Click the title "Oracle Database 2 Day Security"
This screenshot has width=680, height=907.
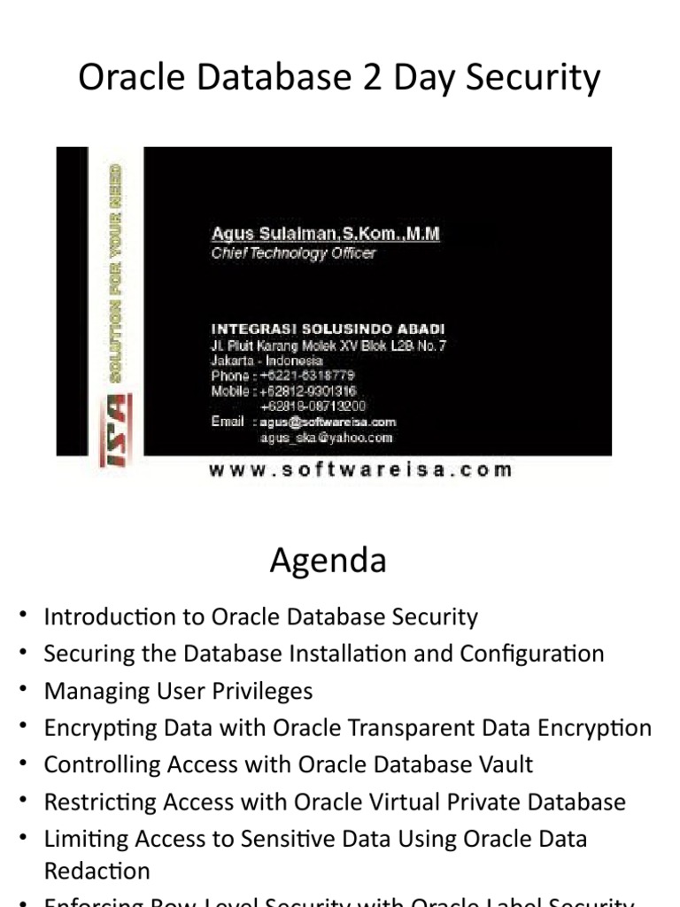click(339, 78)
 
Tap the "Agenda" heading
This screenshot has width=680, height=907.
click(328, 561)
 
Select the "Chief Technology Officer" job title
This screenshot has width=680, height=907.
click(293, 253)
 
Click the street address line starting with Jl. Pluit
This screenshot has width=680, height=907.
click(328, 345)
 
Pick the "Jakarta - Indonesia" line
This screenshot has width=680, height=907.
click(267, 360)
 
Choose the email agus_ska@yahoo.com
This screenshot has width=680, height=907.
click(326, 438)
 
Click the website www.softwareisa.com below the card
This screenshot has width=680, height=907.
click(360, 470)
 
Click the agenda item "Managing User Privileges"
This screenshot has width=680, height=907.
click(178, 691)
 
